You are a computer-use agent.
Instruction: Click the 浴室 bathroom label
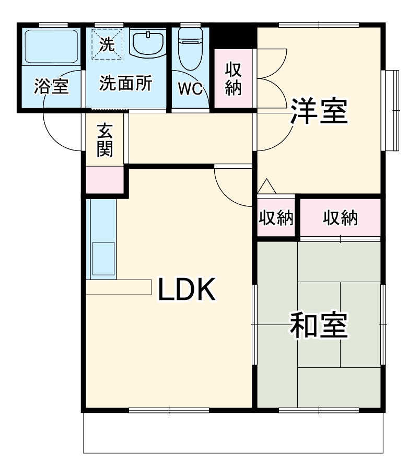[x=52, y=86]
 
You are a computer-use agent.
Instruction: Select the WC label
[x=190, y=89]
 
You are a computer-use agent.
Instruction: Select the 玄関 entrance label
[x=105, y=140]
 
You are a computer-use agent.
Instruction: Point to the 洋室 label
[x=319, y=111]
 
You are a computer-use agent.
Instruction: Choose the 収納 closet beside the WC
[x=233, y=78]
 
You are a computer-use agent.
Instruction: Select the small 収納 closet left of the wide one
[x=276, y=218]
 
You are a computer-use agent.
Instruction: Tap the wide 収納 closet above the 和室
[x=340, y=218]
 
